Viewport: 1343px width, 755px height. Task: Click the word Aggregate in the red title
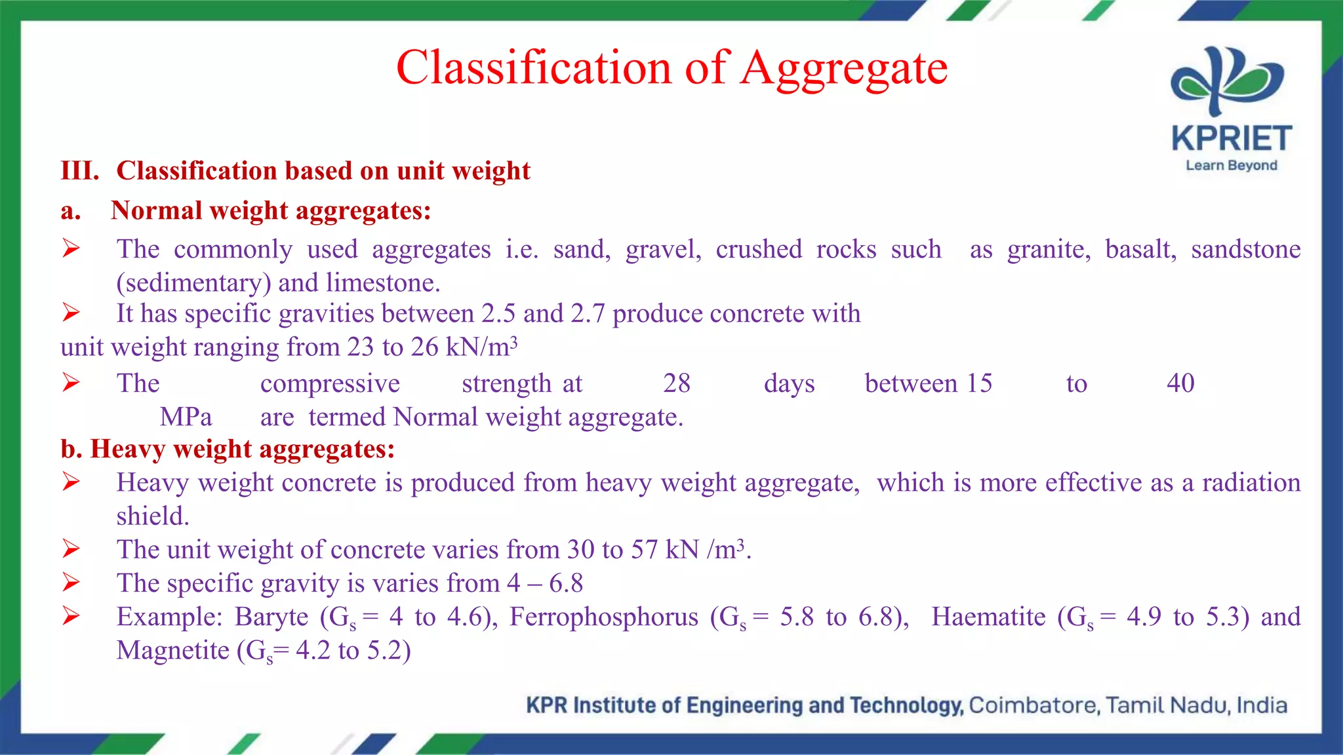(x=844, y=68)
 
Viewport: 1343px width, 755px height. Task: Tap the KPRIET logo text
(x=1232, y=139)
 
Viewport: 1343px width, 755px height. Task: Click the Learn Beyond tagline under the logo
(x=1232, y=166)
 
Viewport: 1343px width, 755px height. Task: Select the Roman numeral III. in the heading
(x=80, y=171)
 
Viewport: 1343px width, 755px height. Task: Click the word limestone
(x=383, y=283)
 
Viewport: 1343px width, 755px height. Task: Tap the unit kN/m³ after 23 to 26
(x=481, y=347)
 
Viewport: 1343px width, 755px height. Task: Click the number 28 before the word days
(x=677, y=383)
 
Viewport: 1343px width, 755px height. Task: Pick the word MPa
(x=186, y=417)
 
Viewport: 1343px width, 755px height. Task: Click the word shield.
(x=153, y=516)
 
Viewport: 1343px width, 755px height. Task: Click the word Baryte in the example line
(x=271, y=617)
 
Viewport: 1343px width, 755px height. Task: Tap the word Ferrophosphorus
(x=603, y=617)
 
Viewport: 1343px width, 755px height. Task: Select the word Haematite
(x=988, y=617)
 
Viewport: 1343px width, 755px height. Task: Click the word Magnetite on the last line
(x=173, y=651)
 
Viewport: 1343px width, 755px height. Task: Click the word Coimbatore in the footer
(x=1032, y=706)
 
